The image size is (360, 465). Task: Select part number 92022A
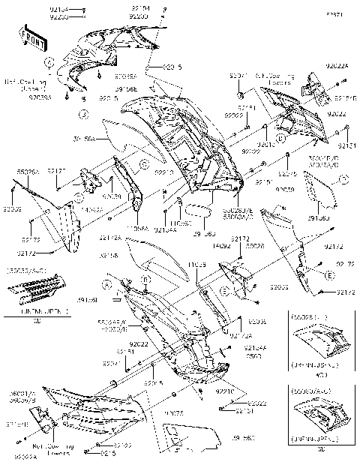337,67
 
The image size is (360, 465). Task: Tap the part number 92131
347,144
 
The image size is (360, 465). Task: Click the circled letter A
107,285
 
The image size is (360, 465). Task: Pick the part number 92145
288,173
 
